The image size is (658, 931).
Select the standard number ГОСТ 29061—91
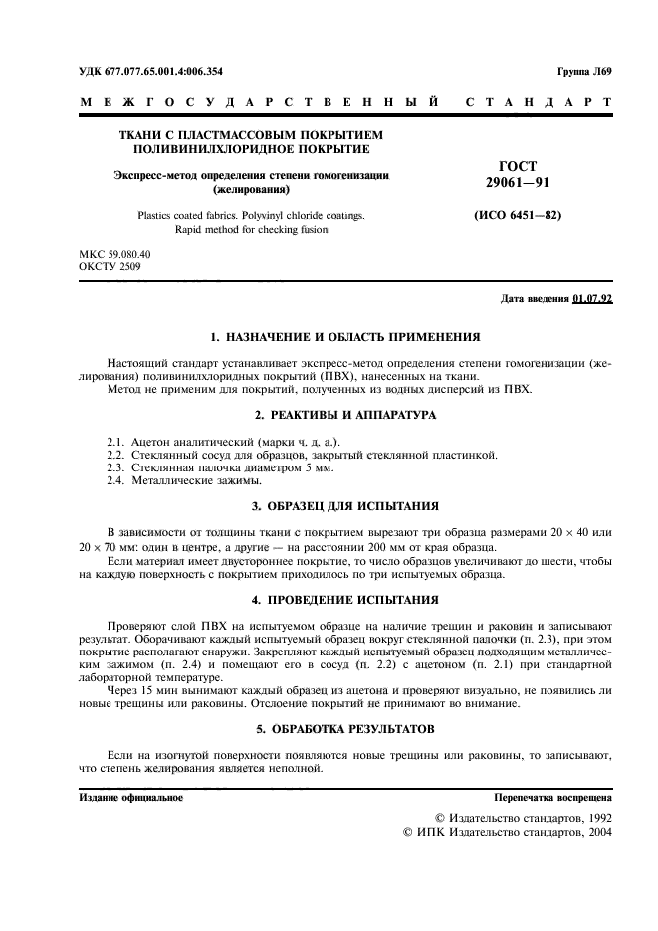(x=517, y=175)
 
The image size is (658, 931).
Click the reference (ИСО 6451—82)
(x=517, y=214)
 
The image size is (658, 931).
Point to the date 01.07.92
(x=592, y=300)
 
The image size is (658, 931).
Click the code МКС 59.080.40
(x=114, y=255)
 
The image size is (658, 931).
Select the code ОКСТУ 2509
(x=110, y=267)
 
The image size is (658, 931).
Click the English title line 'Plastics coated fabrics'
(x=251, y=215)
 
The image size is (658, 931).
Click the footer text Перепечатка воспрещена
(x=553, y=798)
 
